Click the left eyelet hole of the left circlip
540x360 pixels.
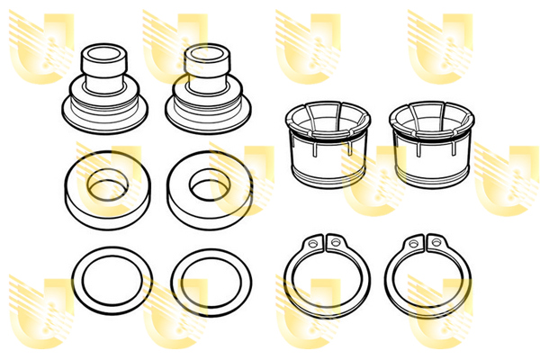click(312, 241)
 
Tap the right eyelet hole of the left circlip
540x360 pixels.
click(335, 241)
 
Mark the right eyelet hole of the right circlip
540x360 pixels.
click(436, 241)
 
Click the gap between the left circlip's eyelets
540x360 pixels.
click(324, 244)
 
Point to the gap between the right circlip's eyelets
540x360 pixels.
click(425, 244)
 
